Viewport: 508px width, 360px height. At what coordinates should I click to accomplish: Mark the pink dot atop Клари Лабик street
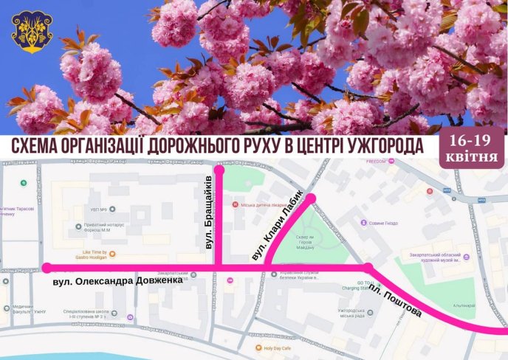(x=312, y=198)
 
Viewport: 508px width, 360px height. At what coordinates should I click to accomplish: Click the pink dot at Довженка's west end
(x=47, y=268)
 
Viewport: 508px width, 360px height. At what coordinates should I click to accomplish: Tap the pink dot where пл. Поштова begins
(x=367, y=268)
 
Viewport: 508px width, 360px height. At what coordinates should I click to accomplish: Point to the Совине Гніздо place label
(x=384, y=223)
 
